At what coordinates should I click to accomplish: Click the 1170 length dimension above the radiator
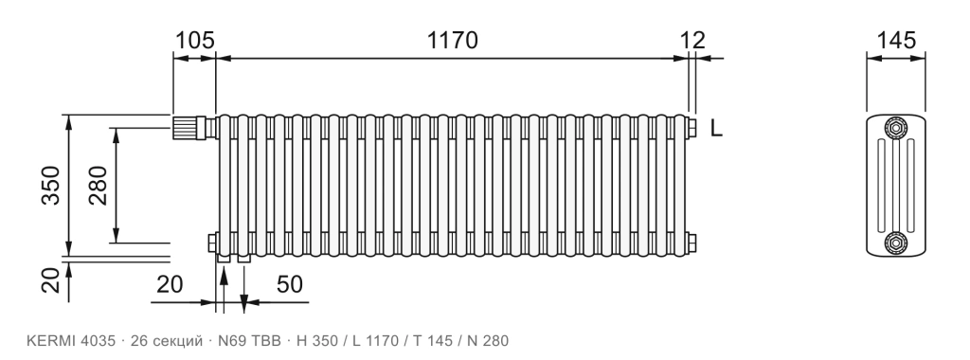452,40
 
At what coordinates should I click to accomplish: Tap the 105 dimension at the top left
195,40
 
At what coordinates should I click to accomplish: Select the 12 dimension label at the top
692,40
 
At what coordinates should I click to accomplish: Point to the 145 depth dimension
896,40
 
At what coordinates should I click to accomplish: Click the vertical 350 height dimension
50,185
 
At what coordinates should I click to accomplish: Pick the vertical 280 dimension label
98,185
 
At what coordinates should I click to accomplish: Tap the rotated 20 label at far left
50,279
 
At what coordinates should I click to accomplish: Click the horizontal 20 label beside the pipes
170,284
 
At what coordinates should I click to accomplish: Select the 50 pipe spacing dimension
290,284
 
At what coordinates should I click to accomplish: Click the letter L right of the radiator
716,129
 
